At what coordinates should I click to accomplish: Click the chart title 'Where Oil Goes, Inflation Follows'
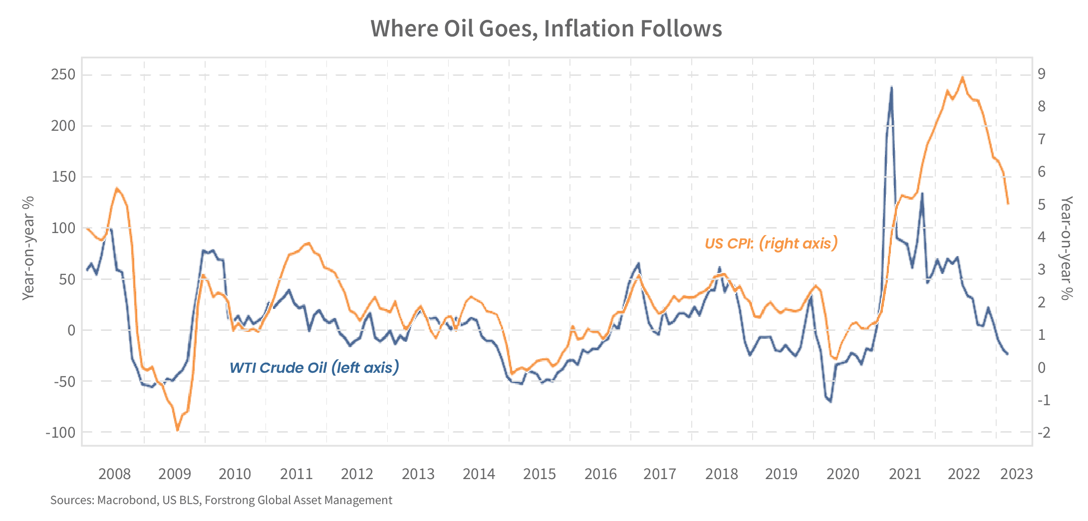[x=546, y=29]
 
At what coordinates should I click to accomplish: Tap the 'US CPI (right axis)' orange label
[x=771, y=244]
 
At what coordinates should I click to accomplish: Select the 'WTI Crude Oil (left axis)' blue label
[x=314, y=368]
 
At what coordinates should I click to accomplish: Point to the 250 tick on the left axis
[x=64, y=75]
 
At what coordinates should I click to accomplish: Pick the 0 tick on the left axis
[x=70, y=330]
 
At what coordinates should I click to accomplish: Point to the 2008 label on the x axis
[x=114, y=474]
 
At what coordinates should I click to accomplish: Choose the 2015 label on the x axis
[x=540, y=474]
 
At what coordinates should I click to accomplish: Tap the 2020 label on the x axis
[x=843, y=474]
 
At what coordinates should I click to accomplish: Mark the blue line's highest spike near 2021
[x=891, y=87]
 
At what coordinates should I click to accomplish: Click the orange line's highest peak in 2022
[x=963, y=76]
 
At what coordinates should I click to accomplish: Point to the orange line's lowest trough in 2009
[x=177, y=431]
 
